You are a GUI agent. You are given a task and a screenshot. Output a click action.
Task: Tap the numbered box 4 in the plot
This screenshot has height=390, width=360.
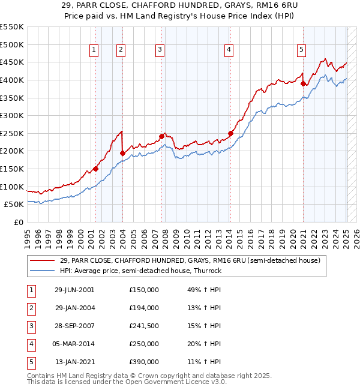tap(229, 50)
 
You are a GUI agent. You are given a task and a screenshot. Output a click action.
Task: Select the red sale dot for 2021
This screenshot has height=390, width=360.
tap(303, 83)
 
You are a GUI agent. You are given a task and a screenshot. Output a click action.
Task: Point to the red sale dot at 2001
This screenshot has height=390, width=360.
tap(95, 169)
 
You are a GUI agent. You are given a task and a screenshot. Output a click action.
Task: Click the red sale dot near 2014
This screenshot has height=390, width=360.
tap(230, 133)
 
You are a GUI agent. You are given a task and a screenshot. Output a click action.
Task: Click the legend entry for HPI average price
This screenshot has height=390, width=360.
tap(140, 271)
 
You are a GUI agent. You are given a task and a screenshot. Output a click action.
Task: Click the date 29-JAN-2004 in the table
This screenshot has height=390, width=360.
tap(75, 308)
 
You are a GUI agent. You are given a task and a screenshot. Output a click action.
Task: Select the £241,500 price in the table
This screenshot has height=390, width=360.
tap(144, 326)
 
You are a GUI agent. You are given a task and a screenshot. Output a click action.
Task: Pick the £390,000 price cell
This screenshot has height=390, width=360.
tap(144, 362)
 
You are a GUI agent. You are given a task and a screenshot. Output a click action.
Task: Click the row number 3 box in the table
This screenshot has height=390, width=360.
tap(31, 326)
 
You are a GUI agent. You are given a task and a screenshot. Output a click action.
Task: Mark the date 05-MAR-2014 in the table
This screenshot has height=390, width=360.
tap(75, 344)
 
